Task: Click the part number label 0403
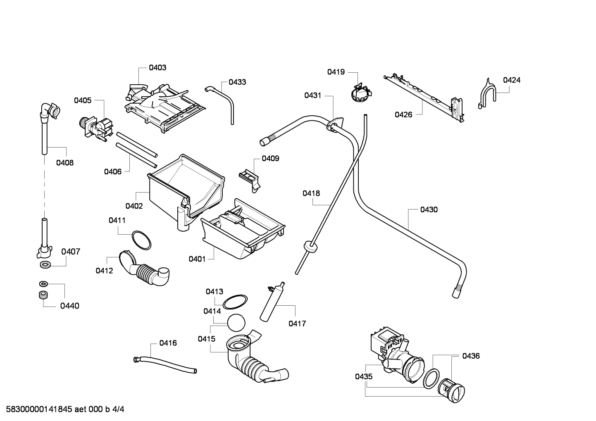157,67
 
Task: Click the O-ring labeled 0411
141,240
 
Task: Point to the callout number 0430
429,209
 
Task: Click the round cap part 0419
359,93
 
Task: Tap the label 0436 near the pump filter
471,356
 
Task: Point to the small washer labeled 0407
44,264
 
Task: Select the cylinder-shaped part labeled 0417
271,303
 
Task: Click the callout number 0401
197,259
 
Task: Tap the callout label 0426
403,114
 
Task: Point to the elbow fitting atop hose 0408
50,110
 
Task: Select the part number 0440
69,306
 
